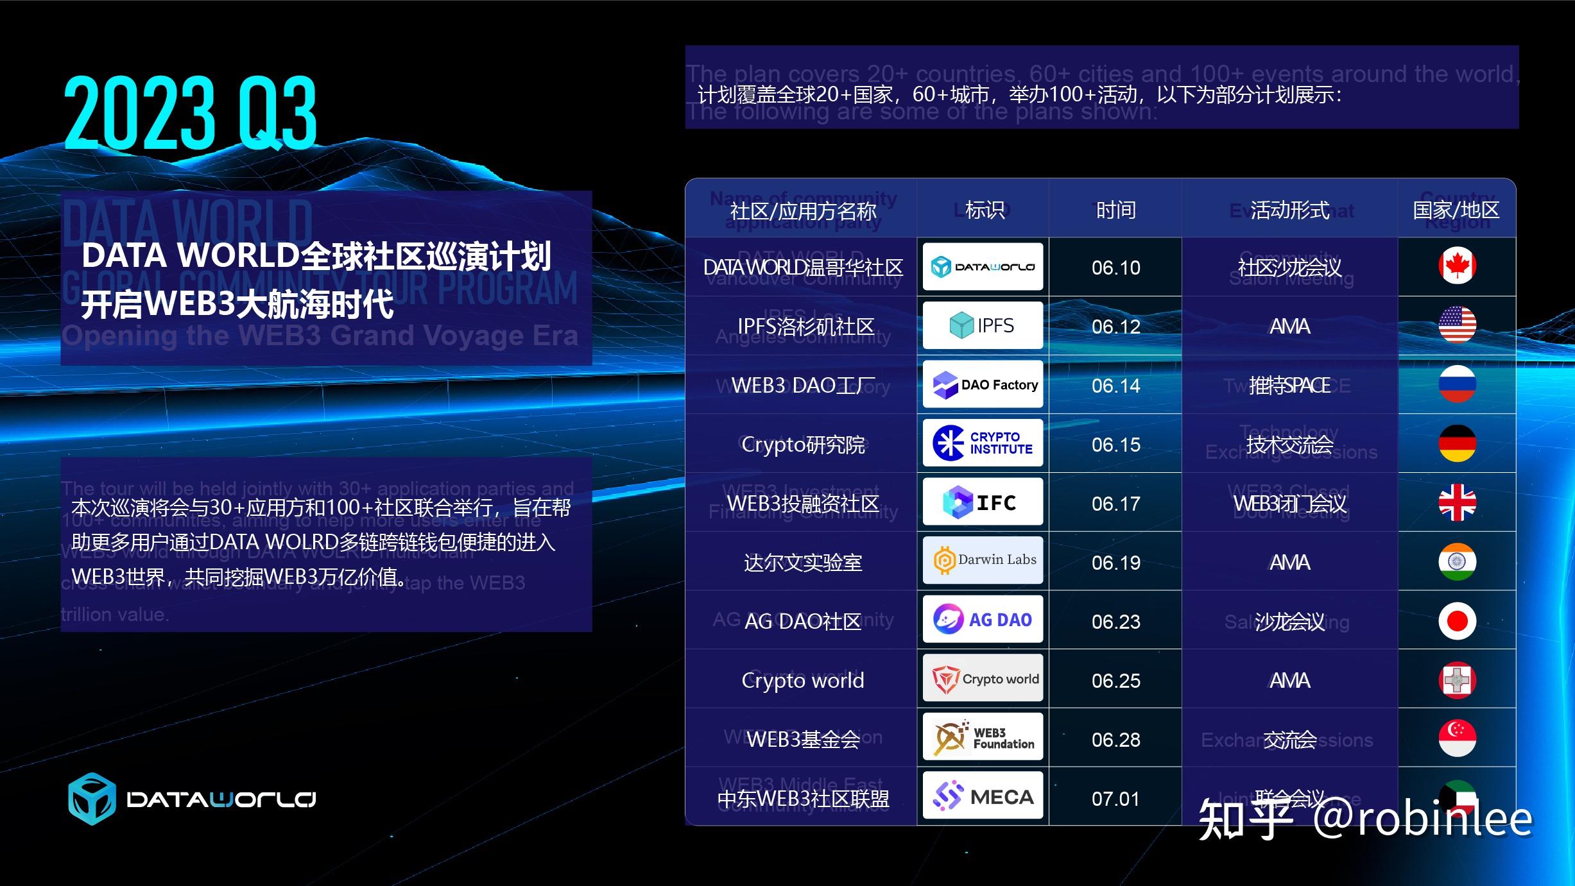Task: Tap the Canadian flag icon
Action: pos(1457,266)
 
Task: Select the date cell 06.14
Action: pos(1115,386)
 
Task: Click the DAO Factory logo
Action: pos(983,385)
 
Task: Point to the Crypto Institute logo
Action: pos(983,443)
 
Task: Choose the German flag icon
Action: pos(1457,443)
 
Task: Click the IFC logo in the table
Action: pos(983,502)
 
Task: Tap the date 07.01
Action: pos(1115,799)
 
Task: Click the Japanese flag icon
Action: pos(1457,621)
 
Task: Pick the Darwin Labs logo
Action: pos(983,560)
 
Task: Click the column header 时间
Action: pos(1115,210)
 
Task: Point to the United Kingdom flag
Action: pos(1457,502)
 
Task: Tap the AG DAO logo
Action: pos(983,620)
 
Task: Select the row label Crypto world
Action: pos(802,680)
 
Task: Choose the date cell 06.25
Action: pos(1115,681)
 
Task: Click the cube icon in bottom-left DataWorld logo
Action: pos(92,799)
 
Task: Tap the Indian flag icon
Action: pos(1457,562)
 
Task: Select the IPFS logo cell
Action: pos(983,325)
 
